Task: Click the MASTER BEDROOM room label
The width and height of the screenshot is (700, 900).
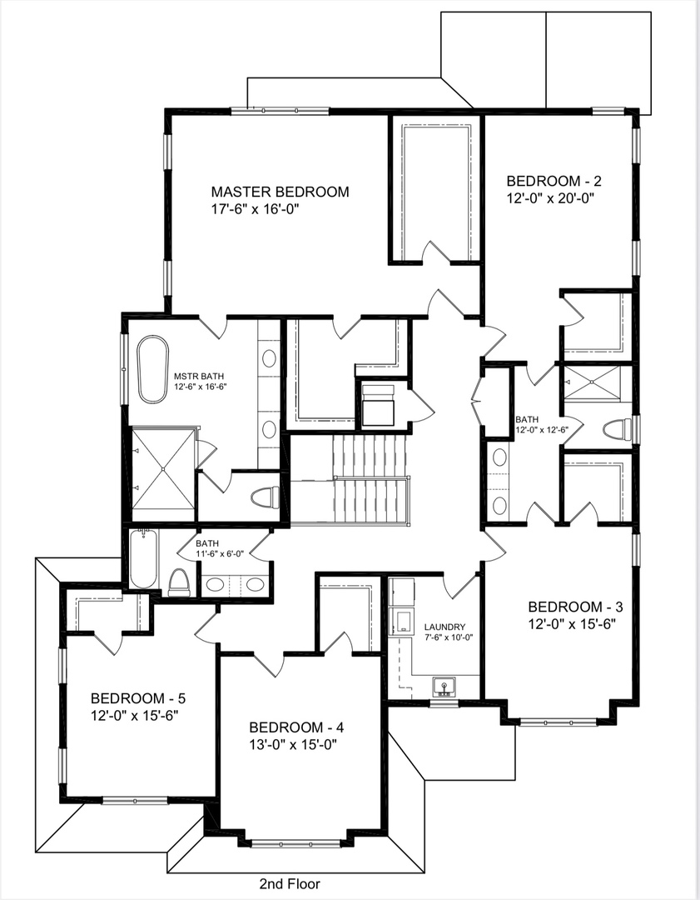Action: point(280,192)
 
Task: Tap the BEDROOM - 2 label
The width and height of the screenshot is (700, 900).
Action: point(554,181)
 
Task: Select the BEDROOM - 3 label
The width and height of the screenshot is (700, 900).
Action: point(575,606)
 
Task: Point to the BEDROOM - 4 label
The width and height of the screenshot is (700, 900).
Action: point(296,726)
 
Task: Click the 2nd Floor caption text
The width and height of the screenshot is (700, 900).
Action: point(289,883)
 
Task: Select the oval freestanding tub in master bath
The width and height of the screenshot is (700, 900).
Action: point(152,369)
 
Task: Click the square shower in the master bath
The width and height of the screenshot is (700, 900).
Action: point(163,468)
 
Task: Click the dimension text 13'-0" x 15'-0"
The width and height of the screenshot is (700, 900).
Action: point(296,744)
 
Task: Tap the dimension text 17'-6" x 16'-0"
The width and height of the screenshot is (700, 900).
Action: point(254,210)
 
